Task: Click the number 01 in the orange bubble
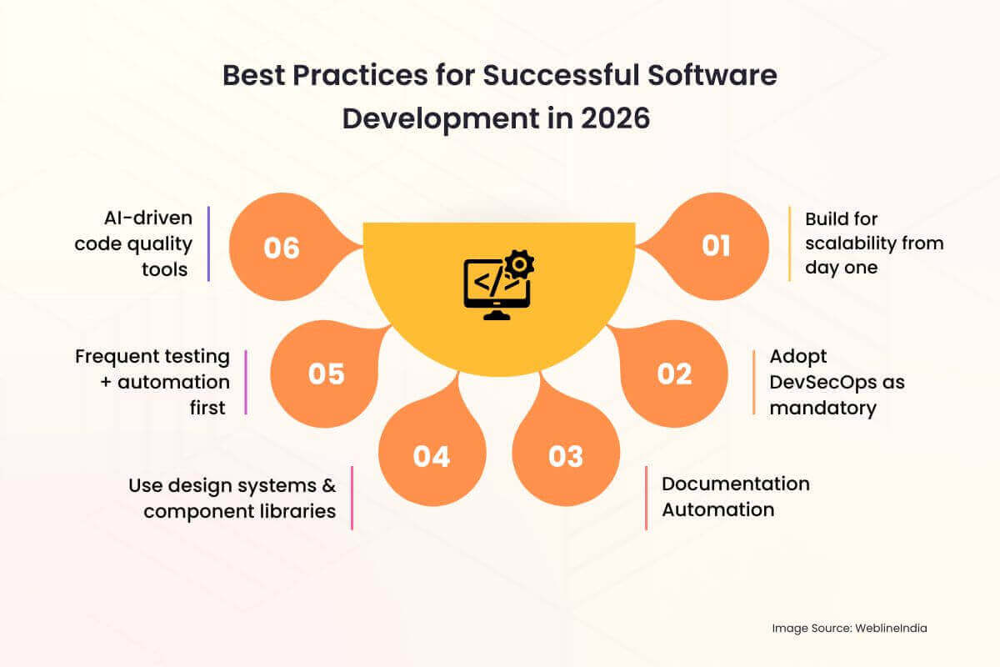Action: click(716, 246)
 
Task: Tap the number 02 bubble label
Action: click(674, 374)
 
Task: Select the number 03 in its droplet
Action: click(566, 456)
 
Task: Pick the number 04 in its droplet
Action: click(432, 457)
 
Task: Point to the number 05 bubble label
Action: click(327, 374)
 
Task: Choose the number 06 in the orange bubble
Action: click(282, 248)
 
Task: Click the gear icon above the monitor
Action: click(519, 264)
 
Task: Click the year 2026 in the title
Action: click(615, 118)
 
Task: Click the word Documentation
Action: click(736, 484)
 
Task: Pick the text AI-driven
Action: click(148, 218)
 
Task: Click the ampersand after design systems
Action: click(329, 485)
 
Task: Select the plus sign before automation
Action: click(106, 383)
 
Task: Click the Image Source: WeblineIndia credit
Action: click(849, 628)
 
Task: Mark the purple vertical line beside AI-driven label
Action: click(208, 244)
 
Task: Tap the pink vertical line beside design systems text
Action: click(352, 498)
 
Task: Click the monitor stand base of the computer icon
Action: click(497, 314)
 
